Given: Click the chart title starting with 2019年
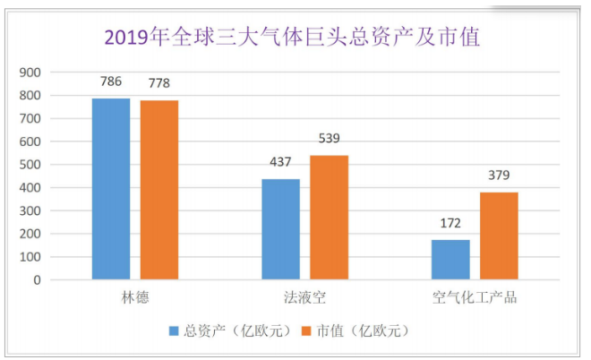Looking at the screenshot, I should (x=292, y=38).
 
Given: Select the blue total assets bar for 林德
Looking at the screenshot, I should (x=111, y=189).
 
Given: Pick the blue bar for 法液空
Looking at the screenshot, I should (x=281, y=229).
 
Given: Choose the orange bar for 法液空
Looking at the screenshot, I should (x=330, y=218).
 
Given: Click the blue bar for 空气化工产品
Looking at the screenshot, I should (x=450, y=260).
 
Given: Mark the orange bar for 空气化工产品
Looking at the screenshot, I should (x=499, y=236).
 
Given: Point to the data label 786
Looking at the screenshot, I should (x=111, y=82).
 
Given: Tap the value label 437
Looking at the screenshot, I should (x=281, y=163).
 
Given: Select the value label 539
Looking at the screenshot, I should (x=330, y=140).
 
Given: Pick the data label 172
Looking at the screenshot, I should (x=450, y=224).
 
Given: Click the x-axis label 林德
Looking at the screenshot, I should (x=135, y=296).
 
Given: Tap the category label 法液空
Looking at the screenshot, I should (x=305, y=296).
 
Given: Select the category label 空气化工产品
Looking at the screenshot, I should (x=475, y=296).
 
